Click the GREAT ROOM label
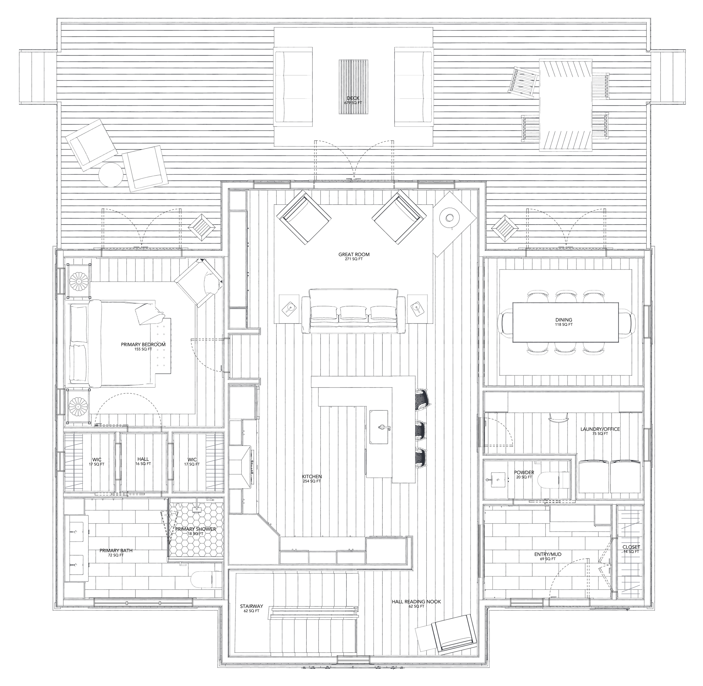353,254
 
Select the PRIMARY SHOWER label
195,529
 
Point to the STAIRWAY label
251,606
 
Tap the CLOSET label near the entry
631,547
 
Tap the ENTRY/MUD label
548,554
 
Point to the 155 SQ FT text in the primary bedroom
143,349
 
